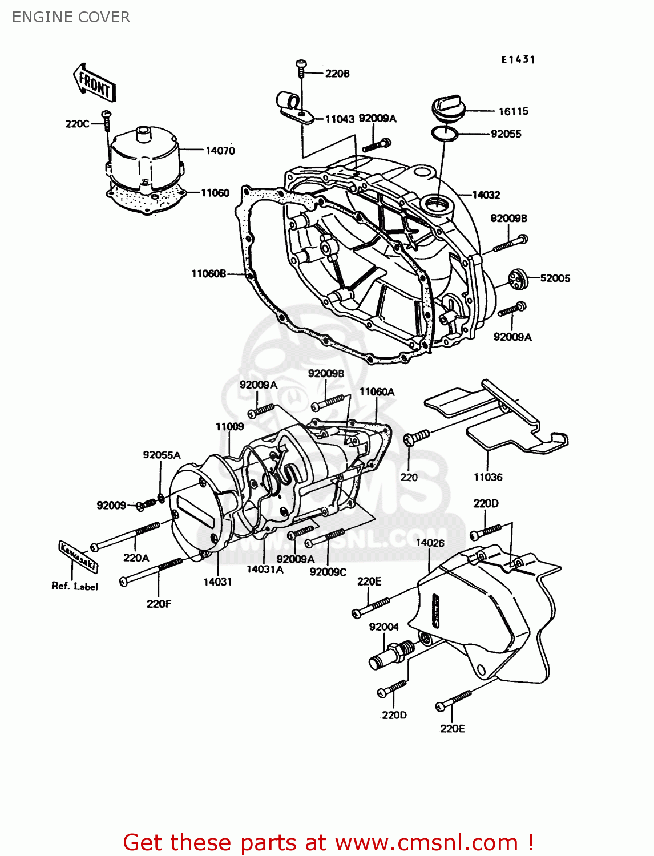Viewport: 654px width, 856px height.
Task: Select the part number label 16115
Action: point(513,111)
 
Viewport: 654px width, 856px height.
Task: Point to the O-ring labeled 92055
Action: point(445,134)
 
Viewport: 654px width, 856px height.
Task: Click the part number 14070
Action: point(220,151)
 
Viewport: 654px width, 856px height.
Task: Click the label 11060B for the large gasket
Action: point(208,274)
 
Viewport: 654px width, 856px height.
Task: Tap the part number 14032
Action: point(486,195)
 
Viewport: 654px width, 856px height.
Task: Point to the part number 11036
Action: point(488,477)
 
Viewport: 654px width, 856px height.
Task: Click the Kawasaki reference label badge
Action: point(78,556)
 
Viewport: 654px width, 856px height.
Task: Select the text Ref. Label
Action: point(75,586)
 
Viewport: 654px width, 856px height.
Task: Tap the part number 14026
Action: point(430,543)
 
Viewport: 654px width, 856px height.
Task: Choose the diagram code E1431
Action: point(518,59)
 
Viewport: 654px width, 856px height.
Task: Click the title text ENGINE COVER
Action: point(71,17)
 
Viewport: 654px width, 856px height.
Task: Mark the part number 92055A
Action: point(162,455)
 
